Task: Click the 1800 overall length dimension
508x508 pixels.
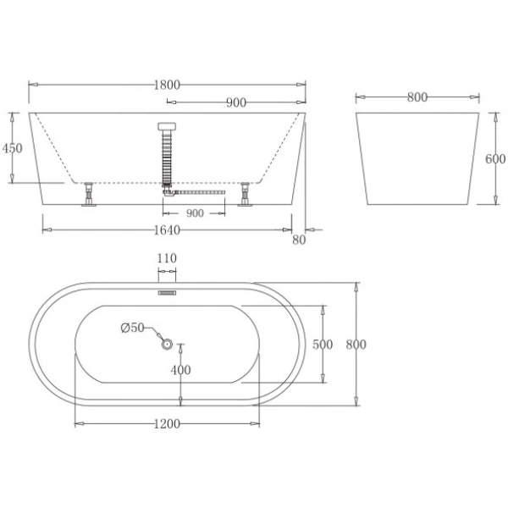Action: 168,85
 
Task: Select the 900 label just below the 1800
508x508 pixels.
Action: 236,102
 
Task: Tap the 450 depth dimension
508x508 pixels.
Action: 12,148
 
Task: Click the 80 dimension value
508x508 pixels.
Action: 297,240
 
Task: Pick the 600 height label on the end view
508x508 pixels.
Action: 495,158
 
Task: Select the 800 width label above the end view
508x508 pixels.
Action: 416,97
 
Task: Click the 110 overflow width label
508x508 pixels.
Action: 167,258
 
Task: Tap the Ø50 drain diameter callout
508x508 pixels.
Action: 133,328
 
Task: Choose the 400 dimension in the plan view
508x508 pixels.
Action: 180,370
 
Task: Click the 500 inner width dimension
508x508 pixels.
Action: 322,345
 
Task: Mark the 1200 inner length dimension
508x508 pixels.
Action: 168,423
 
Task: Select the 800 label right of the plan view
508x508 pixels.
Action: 356,345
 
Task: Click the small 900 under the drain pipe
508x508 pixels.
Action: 195,213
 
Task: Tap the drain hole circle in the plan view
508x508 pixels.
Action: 167,344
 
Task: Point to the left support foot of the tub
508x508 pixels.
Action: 88,196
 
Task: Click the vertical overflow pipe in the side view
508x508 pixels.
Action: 167,157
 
